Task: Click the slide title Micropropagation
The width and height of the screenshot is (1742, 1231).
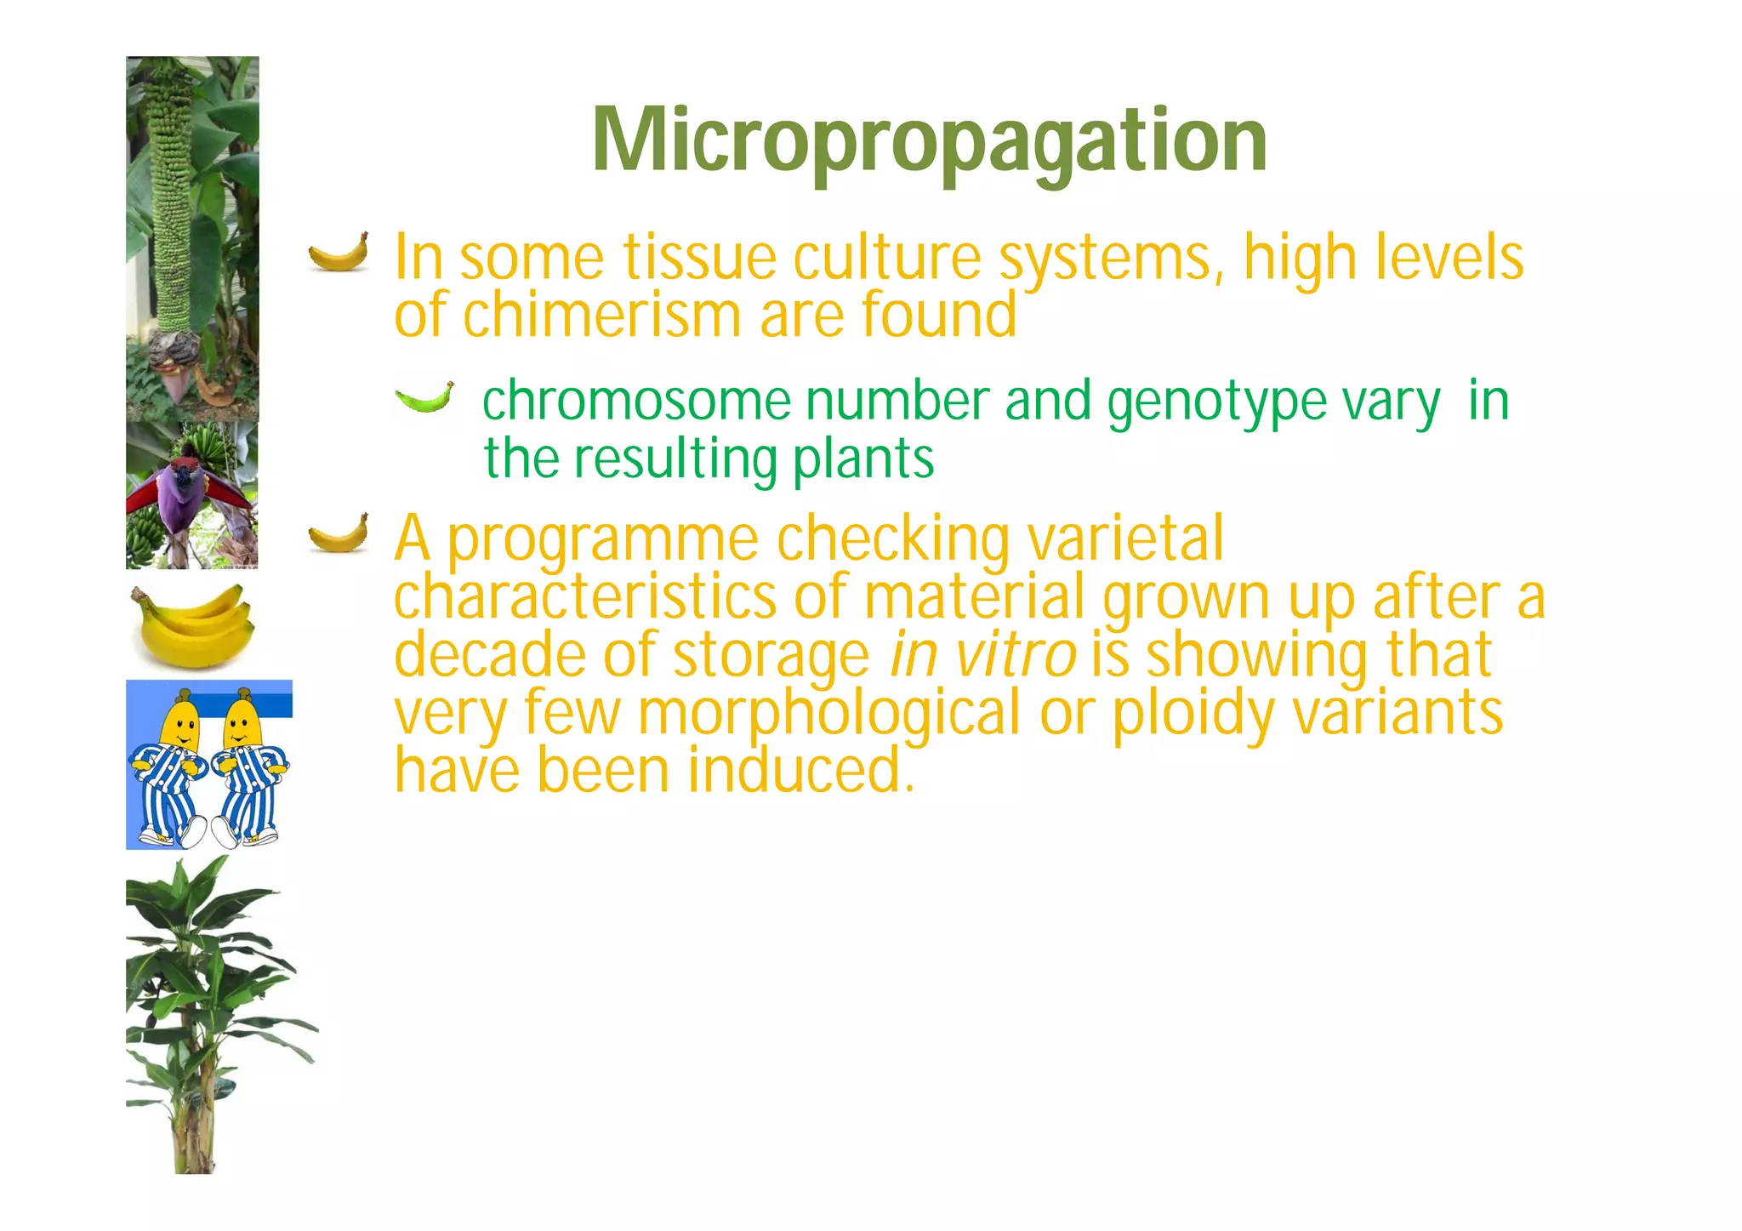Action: pyautogui.click(x=930, y=141)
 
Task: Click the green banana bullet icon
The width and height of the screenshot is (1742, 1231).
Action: pyautogui.click(x=424, y=397)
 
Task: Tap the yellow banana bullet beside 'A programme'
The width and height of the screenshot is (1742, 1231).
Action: pyautogui.click(x=339, y=533)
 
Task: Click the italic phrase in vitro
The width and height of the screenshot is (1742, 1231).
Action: pyautogui.click(x=982, y=655)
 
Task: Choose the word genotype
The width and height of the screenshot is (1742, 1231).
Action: pyautogui.click(x=1217, y=404)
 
